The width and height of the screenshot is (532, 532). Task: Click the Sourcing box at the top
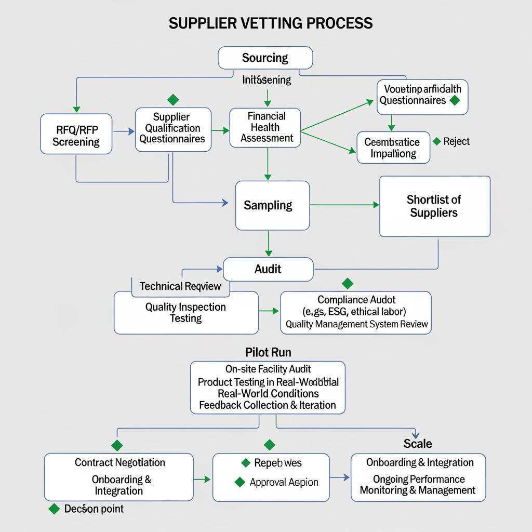(265, 58)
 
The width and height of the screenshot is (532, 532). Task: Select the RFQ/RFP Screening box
(76, 134)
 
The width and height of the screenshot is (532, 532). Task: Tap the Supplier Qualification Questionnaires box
(173, 129)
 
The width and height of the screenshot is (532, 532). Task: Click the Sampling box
(272, 205)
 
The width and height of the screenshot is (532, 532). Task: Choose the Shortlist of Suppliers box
(434, 206)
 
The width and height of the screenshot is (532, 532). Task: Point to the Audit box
(268, 269)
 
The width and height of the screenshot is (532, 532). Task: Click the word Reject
(457, 141)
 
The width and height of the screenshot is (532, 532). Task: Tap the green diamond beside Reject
(437, 141)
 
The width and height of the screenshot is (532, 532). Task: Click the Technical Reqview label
(180, 286)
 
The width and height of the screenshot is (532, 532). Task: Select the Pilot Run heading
(268, 353)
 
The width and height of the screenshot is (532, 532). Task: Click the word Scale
(418, 444)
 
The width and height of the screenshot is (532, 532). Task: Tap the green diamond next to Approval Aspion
(240, 482)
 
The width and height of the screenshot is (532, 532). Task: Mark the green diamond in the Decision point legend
(54, 509)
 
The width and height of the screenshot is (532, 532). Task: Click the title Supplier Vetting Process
(271, 23)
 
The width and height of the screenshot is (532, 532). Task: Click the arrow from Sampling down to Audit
(268, 244)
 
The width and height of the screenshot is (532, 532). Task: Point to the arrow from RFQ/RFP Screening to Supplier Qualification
(124, 132)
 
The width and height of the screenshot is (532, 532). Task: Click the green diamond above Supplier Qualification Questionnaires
(173, 100)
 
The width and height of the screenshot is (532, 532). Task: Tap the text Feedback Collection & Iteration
(268, 405)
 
